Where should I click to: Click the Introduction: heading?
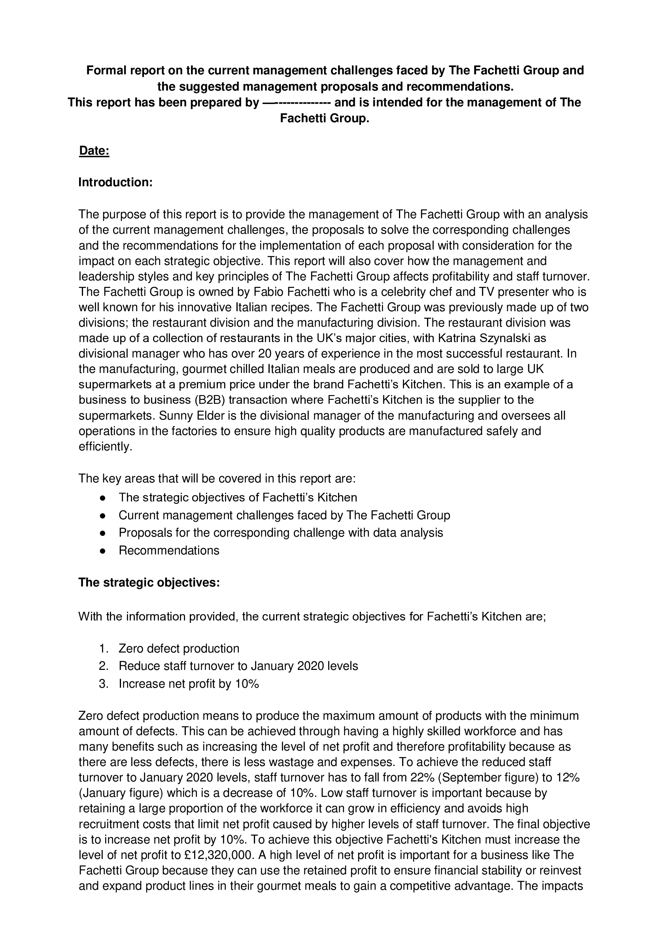point(115,182)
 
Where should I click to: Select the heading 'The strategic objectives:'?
point(149,583)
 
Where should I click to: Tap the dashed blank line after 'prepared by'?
point(297,103)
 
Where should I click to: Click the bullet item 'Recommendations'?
point(169,550)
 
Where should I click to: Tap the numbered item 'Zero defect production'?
point(179,648)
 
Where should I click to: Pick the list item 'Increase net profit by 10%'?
point(189,684)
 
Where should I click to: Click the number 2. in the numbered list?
point(104,666)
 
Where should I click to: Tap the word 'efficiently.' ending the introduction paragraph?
point(106,446)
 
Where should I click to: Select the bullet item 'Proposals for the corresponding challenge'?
point(281,533)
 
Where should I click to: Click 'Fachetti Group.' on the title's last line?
point(324,119)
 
